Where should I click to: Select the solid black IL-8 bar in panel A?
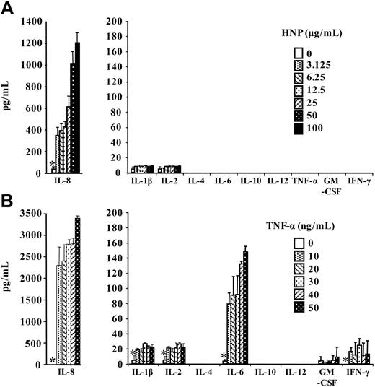click(x=77, y=108)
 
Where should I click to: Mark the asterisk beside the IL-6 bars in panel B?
click(x=224, y=357)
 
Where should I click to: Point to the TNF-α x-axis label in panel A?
click(x=301, y=183)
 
